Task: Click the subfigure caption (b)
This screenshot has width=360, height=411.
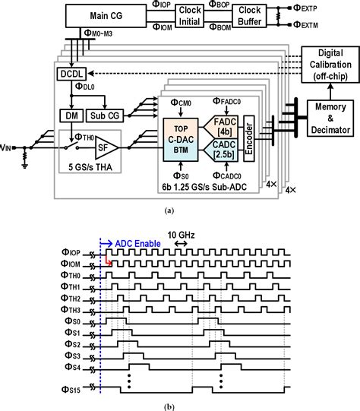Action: (179, 404)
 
